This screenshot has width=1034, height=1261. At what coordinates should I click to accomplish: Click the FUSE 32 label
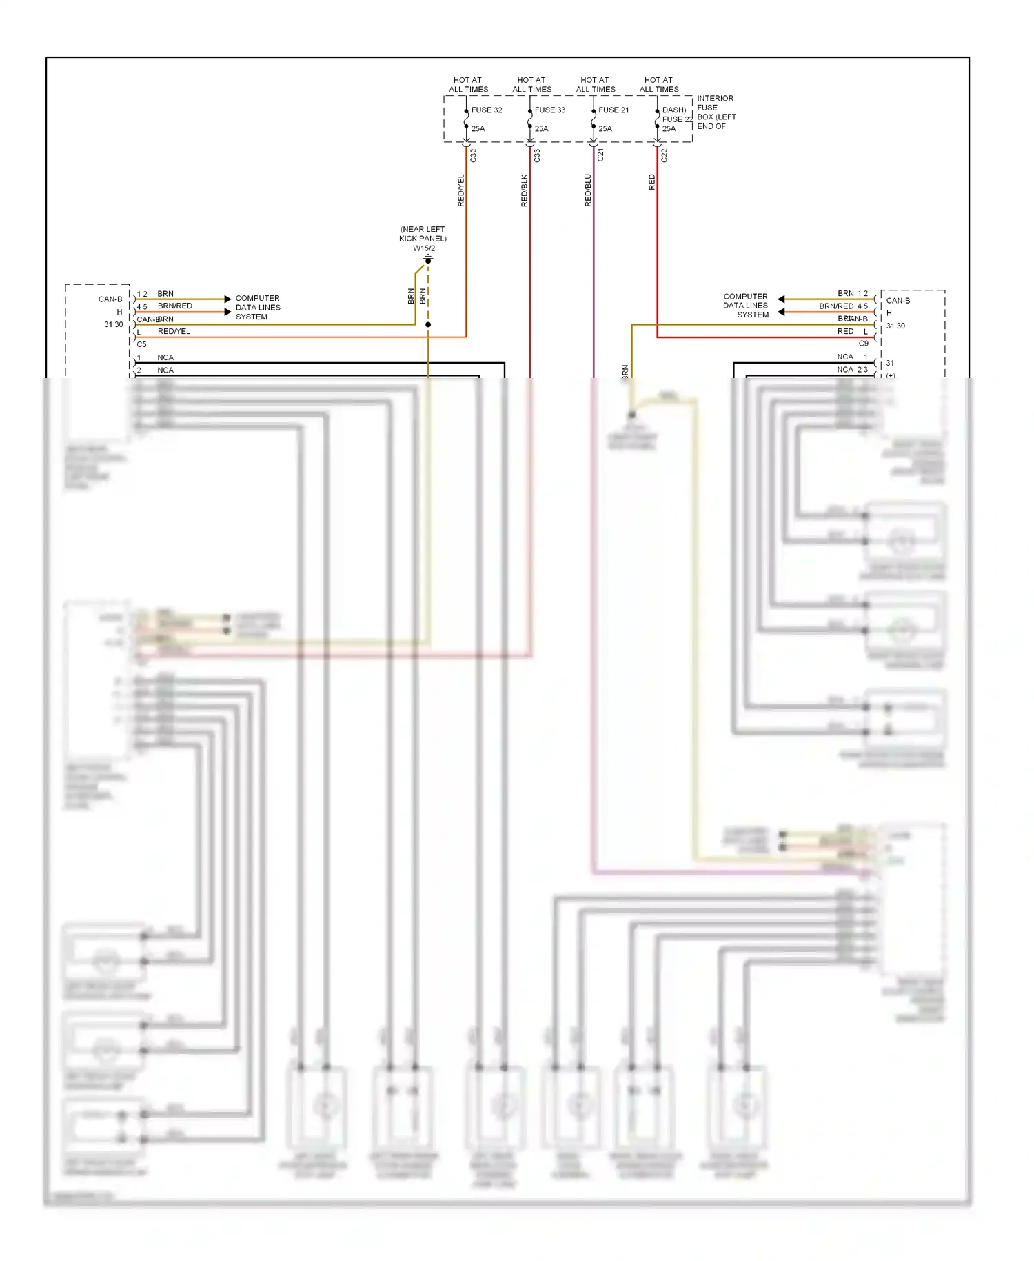(x=487, y=110)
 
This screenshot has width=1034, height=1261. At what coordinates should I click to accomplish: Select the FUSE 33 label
(x=550, y=110)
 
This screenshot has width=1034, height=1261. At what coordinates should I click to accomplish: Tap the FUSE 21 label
(x=614, y=110)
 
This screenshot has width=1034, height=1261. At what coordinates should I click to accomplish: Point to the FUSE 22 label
(x=677, y=119)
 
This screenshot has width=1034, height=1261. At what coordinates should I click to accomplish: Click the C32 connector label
(x=474, y=157)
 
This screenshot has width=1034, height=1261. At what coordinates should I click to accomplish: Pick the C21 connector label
(x=600, y=156)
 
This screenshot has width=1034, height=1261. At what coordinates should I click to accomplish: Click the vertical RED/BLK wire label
(x=525, y=190)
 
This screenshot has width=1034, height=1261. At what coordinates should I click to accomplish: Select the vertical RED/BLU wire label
(x=588, y=190)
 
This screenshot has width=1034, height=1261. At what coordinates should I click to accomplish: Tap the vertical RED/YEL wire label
(x=461, y=190)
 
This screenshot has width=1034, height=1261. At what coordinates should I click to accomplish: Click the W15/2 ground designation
(x=424, y=248)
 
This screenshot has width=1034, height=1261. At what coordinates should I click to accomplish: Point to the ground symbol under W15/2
(x=428, y=259)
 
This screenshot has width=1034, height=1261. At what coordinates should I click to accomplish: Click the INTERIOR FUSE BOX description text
(x=716, y=112)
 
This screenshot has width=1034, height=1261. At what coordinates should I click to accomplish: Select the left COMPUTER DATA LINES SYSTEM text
(x=257, y=308)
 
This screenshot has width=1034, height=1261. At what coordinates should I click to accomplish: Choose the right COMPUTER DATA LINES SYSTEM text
(x=746, y=306)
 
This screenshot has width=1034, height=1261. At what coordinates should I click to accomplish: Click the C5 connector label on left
(x=141, y=344)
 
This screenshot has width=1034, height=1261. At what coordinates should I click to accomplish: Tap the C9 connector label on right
(x=863, y=344)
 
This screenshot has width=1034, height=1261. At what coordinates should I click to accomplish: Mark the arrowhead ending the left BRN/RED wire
(x=228, y=312)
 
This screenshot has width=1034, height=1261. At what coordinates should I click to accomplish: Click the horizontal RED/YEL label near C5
(x=174, y=332)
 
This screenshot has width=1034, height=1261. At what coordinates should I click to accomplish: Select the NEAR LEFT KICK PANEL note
(x=423, y=234)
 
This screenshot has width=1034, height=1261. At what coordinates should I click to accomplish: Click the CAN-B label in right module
(x=898, y=301)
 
